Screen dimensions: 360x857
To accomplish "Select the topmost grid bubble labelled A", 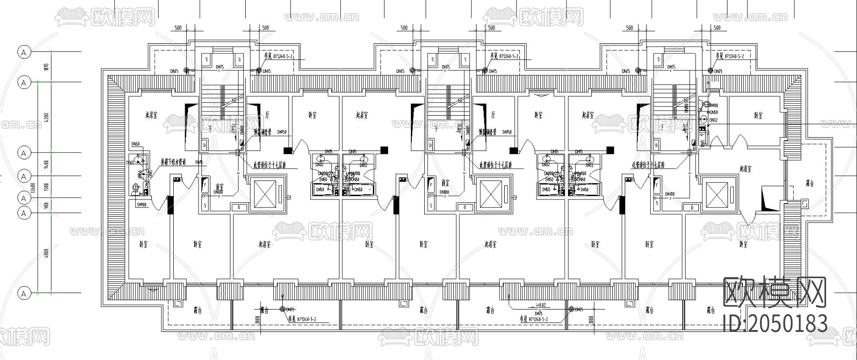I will pyautogui.click(x=24, y=52).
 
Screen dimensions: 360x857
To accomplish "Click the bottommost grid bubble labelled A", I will pyautogui.click(x=24, y=293).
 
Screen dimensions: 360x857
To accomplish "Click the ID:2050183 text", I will pyautogui.click(x=775, y=324).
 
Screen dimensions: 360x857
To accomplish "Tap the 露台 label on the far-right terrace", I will pyautogui.click(x=808, y=183).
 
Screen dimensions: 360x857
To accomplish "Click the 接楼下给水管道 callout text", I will pyautogui.click(x=177, y=162).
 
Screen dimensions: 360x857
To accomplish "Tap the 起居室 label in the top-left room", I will pyautogui.click(x=152, y=115).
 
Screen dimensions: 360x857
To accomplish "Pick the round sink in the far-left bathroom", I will pyautogui.click(x=138, y=160).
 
